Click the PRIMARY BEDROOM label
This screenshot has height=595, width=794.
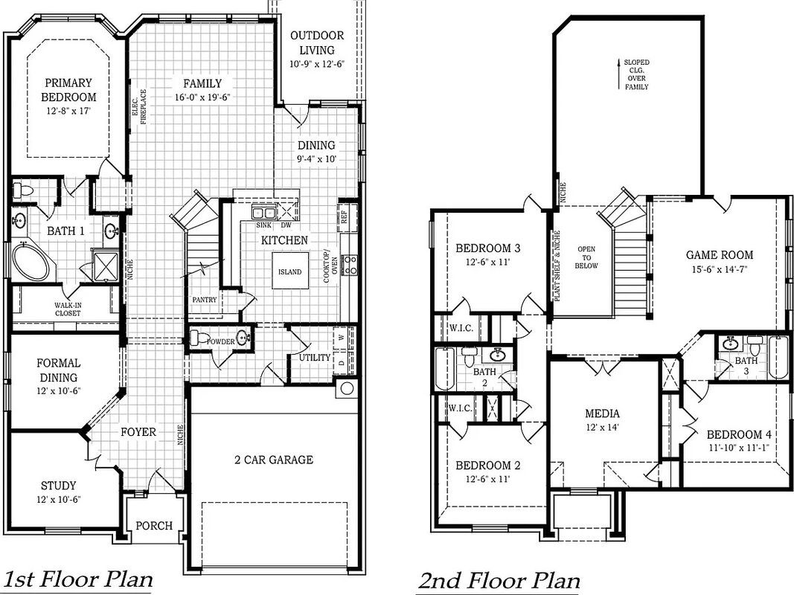68,90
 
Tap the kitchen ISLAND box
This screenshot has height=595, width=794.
289,271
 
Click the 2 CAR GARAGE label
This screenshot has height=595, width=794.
269,460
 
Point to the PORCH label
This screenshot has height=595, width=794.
154,525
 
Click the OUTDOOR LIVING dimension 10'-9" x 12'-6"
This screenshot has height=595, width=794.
317,65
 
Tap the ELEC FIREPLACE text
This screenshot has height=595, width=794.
140,106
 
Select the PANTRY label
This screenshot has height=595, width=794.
204,300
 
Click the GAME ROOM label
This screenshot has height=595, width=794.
720,255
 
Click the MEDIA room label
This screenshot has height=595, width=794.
602,414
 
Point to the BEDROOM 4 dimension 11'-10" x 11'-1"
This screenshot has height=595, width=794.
734,448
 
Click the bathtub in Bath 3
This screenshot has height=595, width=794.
778,357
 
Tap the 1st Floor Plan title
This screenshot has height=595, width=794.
78,579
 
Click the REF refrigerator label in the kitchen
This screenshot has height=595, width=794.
343,215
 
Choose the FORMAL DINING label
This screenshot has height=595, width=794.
58,370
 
